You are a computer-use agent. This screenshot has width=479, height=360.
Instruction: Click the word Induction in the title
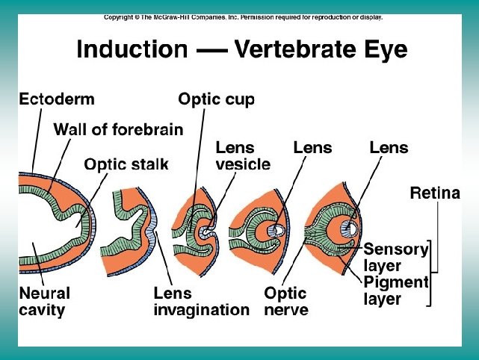point(132,50)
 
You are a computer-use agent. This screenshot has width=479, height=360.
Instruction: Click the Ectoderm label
point(57,99)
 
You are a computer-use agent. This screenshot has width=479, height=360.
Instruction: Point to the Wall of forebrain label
point(118,129)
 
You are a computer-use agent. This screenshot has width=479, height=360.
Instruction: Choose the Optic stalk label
point(126,164)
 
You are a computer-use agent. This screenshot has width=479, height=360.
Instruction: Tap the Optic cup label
point(216,99)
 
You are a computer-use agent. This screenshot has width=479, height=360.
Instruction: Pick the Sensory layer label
point(395,257)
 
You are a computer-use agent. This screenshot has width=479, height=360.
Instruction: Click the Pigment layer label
point(395,290)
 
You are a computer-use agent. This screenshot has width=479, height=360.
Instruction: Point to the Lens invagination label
point(201,301)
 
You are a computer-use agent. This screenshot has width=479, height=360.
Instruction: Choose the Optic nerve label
point(286,301)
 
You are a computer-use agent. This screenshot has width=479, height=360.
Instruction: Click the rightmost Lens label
point(389,148)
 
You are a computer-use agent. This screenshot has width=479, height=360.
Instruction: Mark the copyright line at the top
point(243,16)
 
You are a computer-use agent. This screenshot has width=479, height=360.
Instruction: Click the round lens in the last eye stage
point(347,226)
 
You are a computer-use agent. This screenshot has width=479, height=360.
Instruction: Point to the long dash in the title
point(212,51)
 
